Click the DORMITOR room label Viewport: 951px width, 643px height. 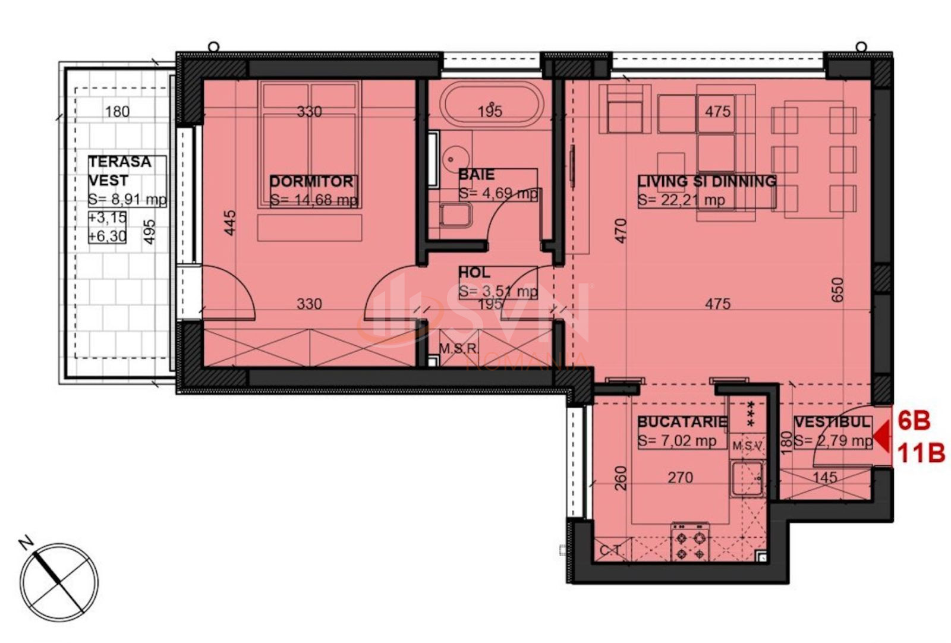(311, 181)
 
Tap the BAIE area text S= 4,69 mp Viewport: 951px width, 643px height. (497, 194)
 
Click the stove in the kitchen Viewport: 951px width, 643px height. (690, 541)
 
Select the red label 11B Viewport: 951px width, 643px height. (921, 455)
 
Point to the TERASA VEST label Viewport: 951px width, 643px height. (119, 171)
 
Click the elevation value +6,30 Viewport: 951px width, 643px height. (108, 236)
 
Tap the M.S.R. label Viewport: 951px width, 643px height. (459, 349)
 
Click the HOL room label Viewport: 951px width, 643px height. (474, 273)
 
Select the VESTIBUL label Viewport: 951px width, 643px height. (832, 423)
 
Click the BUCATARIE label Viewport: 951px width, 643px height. (682, 423)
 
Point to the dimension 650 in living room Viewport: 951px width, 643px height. (837, 290)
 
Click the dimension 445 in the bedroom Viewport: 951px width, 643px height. (231, 222)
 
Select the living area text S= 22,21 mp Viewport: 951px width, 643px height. (681, 200)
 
